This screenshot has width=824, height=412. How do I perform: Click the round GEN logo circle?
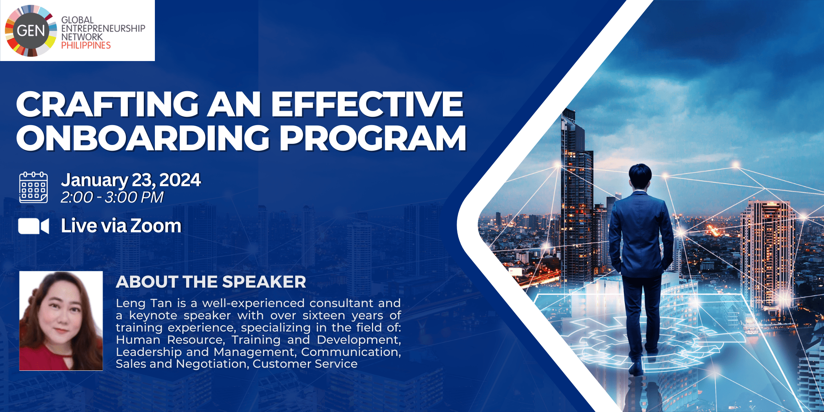pos(31,31)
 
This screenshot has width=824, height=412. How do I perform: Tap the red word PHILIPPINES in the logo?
pos(86,45)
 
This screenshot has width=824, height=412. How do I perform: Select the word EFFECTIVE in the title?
pos(367,104)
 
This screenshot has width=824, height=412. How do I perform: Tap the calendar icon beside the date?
pos(34,187)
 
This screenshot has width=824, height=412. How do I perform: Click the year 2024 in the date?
pos(180,180)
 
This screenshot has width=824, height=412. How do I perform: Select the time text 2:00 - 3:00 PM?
pos(112,197)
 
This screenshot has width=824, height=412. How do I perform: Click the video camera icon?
pos(34,226)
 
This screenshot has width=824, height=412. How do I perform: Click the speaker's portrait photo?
pos(61,321)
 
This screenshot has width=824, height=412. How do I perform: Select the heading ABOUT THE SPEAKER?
pos(211,282)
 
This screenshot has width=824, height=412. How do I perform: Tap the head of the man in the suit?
pos(641,176)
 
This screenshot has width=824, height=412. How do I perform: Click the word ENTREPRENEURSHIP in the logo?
pos(103,28)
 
